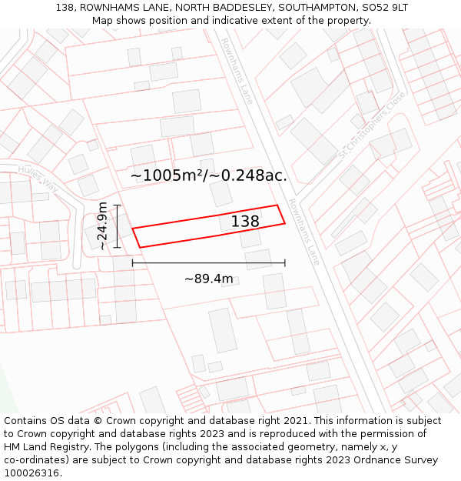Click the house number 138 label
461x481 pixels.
coord(245,222)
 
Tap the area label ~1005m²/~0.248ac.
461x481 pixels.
coord(208,175)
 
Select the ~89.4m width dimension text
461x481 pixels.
coord(208,279)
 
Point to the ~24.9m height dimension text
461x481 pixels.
coord(103,225)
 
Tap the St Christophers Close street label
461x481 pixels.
coord(371,126)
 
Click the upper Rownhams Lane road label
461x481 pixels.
coord(237,71)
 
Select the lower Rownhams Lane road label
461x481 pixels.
coord(303,231)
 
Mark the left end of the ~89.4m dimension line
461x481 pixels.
coord(133,262)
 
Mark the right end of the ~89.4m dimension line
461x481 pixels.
coord(284,262)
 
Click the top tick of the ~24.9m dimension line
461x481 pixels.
coord(117,205)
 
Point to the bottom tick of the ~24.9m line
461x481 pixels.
coord(117,247)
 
